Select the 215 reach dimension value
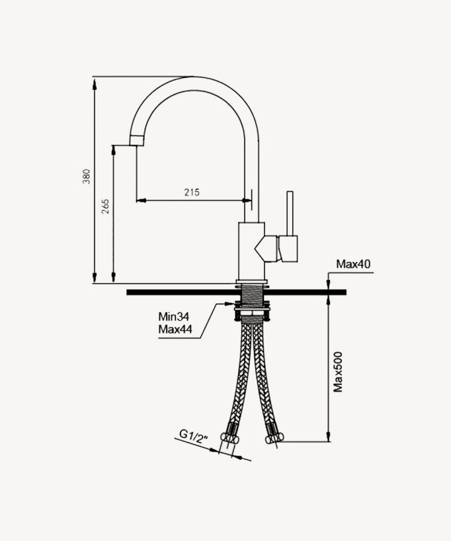(x=192, y=192)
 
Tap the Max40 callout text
(x=353, y=265)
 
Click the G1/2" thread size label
(x=193, y=435)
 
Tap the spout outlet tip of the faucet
(x=137, y=140)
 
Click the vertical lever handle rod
(x=289, y=213)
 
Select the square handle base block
(x=288, y=247)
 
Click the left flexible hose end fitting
(x=231, y=436)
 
